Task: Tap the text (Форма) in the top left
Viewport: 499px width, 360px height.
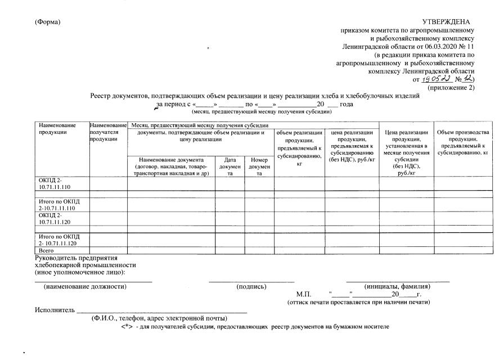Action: [47, 22]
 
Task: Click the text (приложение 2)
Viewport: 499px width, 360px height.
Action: [451, 88]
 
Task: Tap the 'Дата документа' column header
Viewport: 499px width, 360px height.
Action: [230, 166]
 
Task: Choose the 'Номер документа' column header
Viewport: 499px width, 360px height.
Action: [259, 166]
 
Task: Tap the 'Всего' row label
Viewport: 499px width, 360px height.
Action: [46, 250]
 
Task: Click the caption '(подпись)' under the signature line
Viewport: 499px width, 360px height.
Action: [251, 286]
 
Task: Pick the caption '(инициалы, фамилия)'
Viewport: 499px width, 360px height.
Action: [398, 286]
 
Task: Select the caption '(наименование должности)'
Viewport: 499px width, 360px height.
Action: [85, 286]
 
